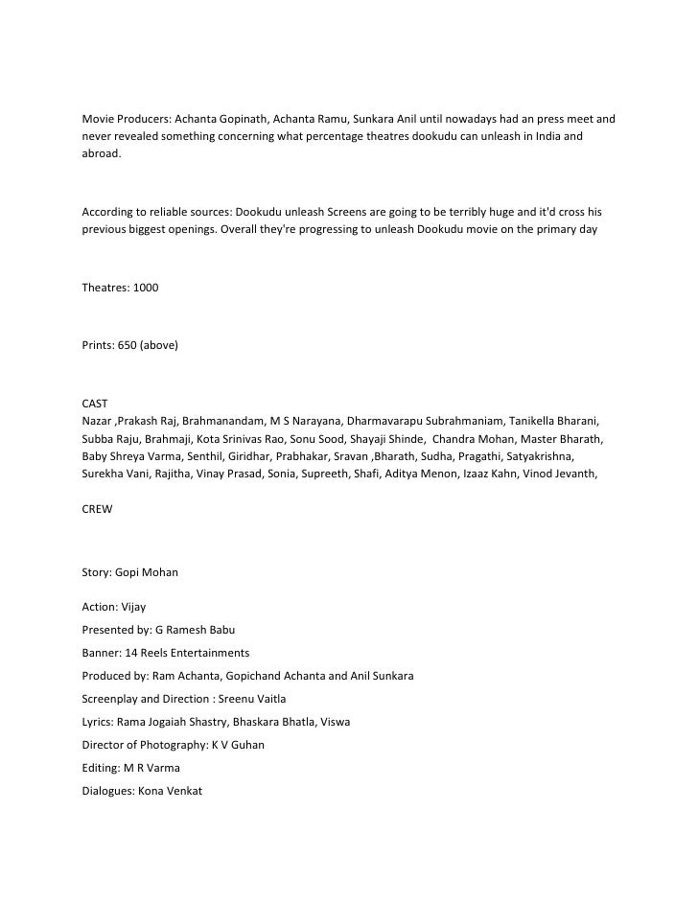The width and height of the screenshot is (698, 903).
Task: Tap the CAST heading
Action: (96, 405)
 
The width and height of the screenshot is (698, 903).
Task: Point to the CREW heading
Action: (98, 509)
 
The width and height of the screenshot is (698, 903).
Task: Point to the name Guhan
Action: (244, 745)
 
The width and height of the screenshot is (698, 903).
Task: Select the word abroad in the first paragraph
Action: (102, 153)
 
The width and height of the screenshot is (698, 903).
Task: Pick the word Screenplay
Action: (113, 699)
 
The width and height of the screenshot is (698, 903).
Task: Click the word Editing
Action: (101, 768)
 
